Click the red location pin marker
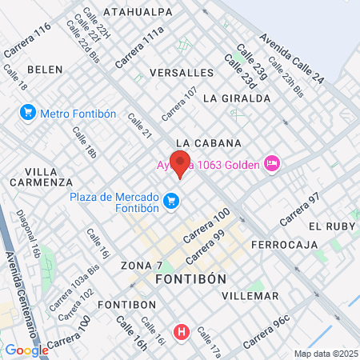click(x=180, y=164)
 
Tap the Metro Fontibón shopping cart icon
click(x=28, y=113)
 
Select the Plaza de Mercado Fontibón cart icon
click(x=170, y=200)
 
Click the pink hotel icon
click(x=271, y=164)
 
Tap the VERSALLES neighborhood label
click(x=182, y=73)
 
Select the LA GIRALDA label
click(x=237, y=98)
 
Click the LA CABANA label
click(x=207, y=143)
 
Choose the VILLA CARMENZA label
click(x=53, y=177)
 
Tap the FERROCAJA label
click(x=284, y=244)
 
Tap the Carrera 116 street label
click(x=27, y=40)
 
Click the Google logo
click(x=26, y=350)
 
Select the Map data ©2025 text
click(x=323, y=354)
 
